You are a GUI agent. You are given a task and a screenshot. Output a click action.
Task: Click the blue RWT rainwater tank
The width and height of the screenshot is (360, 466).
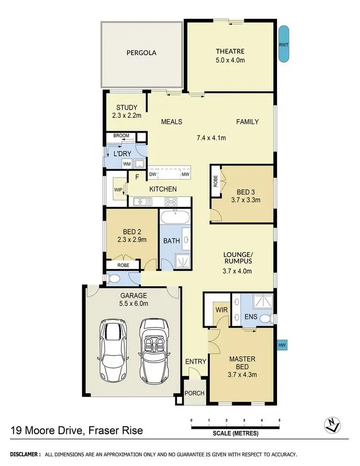284,44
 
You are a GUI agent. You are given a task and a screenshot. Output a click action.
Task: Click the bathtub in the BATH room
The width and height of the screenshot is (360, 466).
175,219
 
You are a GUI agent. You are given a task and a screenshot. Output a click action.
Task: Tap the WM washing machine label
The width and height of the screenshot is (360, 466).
127,164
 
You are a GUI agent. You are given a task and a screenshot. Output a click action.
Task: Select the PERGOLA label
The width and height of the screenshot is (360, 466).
142,53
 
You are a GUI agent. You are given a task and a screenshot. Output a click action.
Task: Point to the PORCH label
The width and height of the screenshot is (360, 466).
195,393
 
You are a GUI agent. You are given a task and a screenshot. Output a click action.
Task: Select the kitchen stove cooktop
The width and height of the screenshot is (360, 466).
171,201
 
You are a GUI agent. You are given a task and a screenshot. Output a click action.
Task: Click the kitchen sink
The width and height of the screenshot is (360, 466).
142,201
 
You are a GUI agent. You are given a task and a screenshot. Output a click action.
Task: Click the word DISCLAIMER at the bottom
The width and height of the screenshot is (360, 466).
23,454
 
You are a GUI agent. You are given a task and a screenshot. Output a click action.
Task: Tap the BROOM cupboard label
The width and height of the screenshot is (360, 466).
121,136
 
